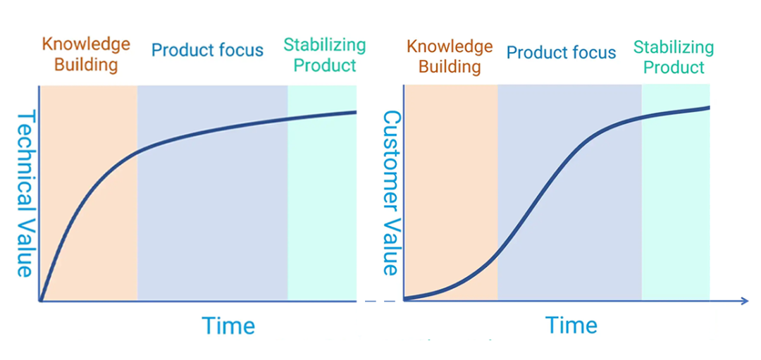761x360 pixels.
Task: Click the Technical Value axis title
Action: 24,193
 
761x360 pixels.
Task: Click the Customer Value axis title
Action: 390,193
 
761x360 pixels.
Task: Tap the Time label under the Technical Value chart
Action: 228,325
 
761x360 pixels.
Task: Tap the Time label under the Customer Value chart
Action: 571,324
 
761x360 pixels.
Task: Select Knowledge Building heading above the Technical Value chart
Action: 86,54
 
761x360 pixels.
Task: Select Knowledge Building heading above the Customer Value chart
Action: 450,56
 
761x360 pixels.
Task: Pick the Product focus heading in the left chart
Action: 208,49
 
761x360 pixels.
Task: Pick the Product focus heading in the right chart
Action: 561,52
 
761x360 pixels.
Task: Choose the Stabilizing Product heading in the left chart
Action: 325,55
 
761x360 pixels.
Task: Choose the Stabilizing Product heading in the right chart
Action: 674,56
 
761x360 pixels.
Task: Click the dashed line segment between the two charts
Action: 380,302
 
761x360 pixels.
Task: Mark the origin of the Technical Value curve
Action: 41,301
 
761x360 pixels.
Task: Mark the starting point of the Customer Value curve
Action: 404,299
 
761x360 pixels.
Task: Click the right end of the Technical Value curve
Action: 356,112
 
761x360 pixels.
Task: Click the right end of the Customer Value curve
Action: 709,107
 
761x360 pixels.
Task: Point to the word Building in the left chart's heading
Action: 87,65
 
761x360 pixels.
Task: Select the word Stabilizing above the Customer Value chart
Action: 674,47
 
